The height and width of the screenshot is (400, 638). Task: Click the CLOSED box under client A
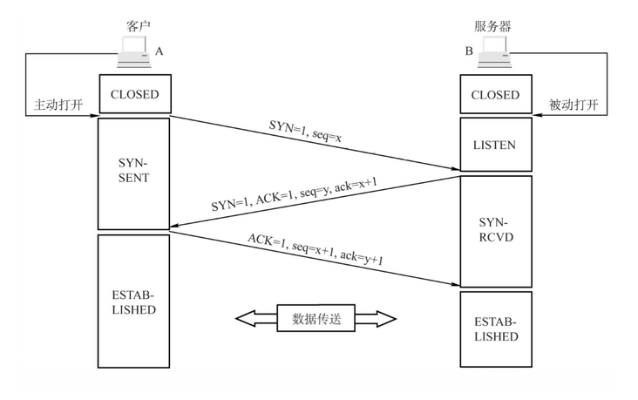[135, 94]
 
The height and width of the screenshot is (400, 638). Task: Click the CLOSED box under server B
[496, 94]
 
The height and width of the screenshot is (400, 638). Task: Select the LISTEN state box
[496, 145]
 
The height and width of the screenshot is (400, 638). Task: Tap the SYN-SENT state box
[134, 173]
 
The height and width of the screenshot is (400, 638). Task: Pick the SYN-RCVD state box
[496, 232]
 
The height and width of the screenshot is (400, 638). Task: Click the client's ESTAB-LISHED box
[134, 302]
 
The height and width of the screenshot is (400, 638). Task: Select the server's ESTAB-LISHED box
[496, 329]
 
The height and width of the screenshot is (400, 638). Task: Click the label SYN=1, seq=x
[305, 131]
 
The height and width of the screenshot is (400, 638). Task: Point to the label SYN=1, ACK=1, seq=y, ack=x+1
[295, 193]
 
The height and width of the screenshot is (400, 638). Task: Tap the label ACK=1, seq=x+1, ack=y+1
[316, 249]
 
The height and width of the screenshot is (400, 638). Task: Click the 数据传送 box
[316, 318]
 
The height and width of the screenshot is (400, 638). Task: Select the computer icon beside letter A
[134, 51]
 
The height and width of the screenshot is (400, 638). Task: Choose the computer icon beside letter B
[494, 51]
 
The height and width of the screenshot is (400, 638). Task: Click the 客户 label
[139, 26]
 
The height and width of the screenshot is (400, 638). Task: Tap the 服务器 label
[492, 26]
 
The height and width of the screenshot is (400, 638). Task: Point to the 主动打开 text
[58, 105]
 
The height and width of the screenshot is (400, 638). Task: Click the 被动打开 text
[574, 105]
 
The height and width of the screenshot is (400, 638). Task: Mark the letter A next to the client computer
[159, 51]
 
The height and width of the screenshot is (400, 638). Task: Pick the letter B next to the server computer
[469, 51]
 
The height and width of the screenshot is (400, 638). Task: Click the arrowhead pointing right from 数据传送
[383, 319]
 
